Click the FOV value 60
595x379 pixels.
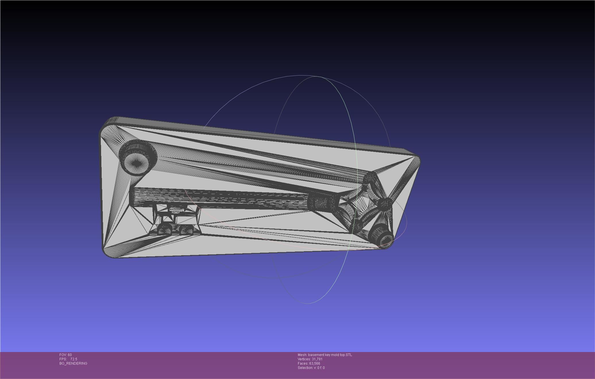(70, 355)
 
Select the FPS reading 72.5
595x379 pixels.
(74, 359)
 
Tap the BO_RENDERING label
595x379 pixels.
(73, 363)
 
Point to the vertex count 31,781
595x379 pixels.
(317, 359)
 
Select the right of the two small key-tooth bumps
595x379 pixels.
(186, 230)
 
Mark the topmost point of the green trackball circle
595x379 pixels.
(316, 76)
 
